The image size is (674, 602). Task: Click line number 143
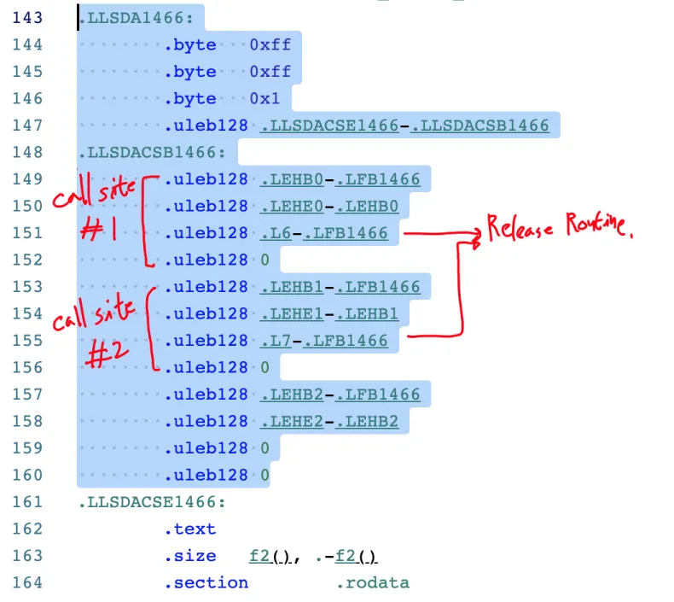pyautogui.click(x=27, y=18)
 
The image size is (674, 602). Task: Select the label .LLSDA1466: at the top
pyautogui.click(x=137, y=18)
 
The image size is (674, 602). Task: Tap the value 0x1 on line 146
pyautogui.click(x=264, y=98)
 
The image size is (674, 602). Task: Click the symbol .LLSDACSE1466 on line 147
pyautogui.click(x=329, y=126)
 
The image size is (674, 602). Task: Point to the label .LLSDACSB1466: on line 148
pyautogui.click(x=152, y=152)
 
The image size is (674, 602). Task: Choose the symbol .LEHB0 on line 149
pyautogui.click(x=292, y=179)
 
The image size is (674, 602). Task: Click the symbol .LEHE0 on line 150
pyautogui.click(x=292, y=206)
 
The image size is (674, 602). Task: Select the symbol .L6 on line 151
pyautogui.click(x=276, y=233)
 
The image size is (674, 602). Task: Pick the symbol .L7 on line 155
pyautogui.click(x=276, y=341)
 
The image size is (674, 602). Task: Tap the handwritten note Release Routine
pyautogui.click(x=560, y=226)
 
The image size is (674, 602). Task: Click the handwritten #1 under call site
pyautogui.click(x=99, y=229)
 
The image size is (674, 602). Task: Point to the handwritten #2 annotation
pyautogui.click(x=107, y=353)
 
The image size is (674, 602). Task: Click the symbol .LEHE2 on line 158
pyautogui.click(x=292, y=421)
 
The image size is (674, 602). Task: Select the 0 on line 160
pyautogui.click(x=264, y=475)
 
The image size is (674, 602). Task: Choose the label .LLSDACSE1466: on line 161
pyautogui.click(x=152, y=502)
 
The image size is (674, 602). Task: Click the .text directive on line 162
pyautogui.click(x=190, y=529)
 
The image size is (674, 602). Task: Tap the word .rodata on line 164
pyautogui.click(x=373, y=582)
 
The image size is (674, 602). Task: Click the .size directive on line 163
pyautogui.click(x=190, y=556)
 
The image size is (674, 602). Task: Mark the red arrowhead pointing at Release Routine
pyautogui.click(x=476, y=235)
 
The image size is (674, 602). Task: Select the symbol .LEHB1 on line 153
pyautogui.click(x=292, y=287)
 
